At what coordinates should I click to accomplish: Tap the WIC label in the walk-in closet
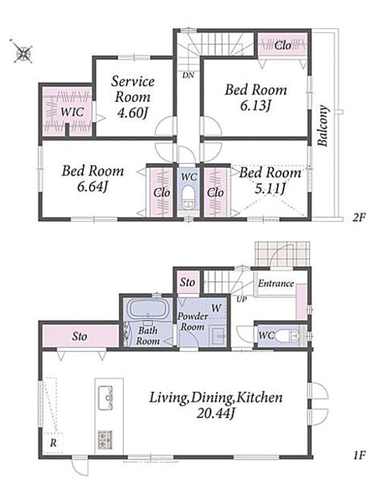72,112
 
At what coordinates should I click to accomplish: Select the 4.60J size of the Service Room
132,112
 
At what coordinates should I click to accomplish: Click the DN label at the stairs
188,75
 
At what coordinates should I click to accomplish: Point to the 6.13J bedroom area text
255,106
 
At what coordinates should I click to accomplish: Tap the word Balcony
323,126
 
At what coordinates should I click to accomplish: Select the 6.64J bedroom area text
92,186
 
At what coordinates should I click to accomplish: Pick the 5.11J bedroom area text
270,188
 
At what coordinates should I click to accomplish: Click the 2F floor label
358,218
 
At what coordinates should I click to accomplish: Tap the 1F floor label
359,455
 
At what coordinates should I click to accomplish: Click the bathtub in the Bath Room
148,309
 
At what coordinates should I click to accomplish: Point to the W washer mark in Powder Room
216,308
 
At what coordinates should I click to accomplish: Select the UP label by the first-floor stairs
242,299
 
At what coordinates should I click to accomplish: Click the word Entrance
275,284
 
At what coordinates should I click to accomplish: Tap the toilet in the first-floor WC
287,336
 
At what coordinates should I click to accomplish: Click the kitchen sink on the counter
105,398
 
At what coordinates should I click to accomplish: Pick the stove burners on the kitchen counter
105,439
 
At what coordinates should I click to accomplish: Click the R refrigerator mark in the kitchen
53,443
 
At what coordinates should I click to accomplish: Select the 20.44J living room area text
216,414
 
